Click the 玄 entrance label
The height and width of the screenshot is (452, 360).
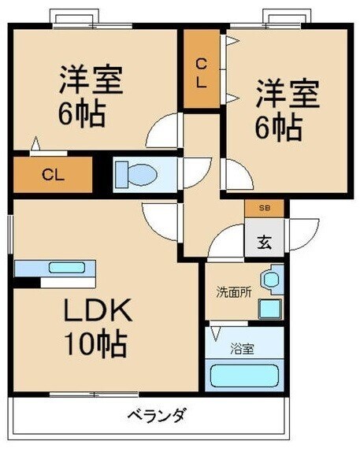pyautogui.click(x=264, y=242)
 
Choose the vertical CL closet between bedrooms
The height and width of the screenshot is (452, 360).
pyautogui.click(x=202, y=71)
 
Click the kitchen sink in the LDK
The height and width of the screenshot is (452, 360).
pyautogui.click(x=62, y=267)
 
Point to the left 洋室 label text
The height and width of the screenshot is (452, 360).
pyautogui.click(x=92, y=79)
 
